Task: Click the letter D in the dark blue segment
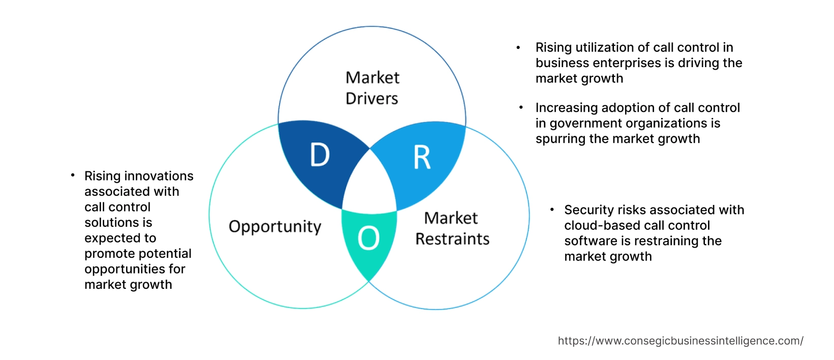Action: click(320, 155)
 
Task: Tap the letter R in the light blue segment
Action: click(422, 158)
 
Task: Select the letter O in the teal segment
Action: click(368, 238)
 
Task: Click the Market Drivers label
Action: click(372, 88)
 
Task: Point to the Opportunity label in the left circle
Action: click(275, 227)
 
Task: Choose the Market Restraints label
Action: click(452, 228)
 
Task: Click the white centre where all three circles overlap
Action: click(370, 186)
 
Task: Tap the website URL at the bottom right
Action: click(680, 341)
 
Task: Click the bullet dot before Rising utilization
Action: click(518, 48)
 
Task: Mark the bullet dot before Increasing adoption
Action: click(521, 108)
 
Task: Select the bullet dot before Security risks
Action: click(551, 209)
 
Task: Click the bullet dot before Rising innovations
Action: click(73, 175)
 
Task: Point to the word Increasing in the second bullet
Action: click(566, 108)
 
